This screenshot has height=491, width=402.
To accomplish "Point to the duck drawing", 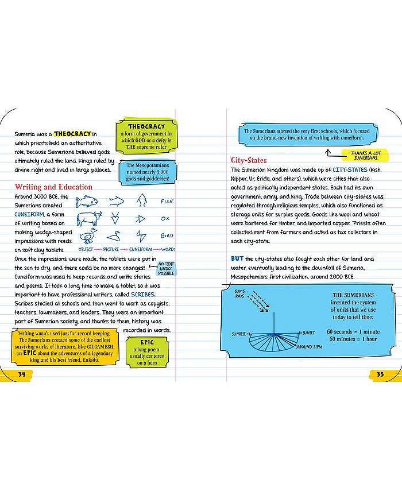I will pyautogui.click(x=88, y=235).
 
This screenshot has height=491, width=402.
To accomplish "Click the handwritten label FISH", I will pyautogui.click(x=167, y=202).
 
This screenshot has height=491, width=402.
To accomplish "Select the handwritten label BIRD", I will pyautogui.click(x=166, y=235).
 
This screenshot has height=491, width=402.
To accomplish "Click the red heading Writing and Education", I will pyautogui.click(x=53, y=187).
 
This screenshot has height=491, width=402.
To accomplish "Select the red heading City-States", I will pyautogui.click(x=249, y=160).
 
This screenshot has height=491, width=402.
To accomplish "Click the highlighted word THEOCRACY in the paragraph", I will pyautogui.click(x=73, y=134).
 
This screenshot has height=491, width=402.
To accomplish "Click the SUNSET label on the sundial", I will pyautogui.click(x=309, y=333).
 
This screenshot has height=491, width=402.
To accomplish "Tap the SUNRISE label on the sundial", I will pyautogui.click(x=239, y=334).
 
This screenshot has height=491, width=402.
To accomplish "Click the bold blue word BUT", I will pyautogui.click(x=237, y=259).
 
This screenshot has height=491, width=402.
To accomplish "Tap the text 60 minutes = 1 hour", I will pyautogui.click(x=352, y=339).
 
